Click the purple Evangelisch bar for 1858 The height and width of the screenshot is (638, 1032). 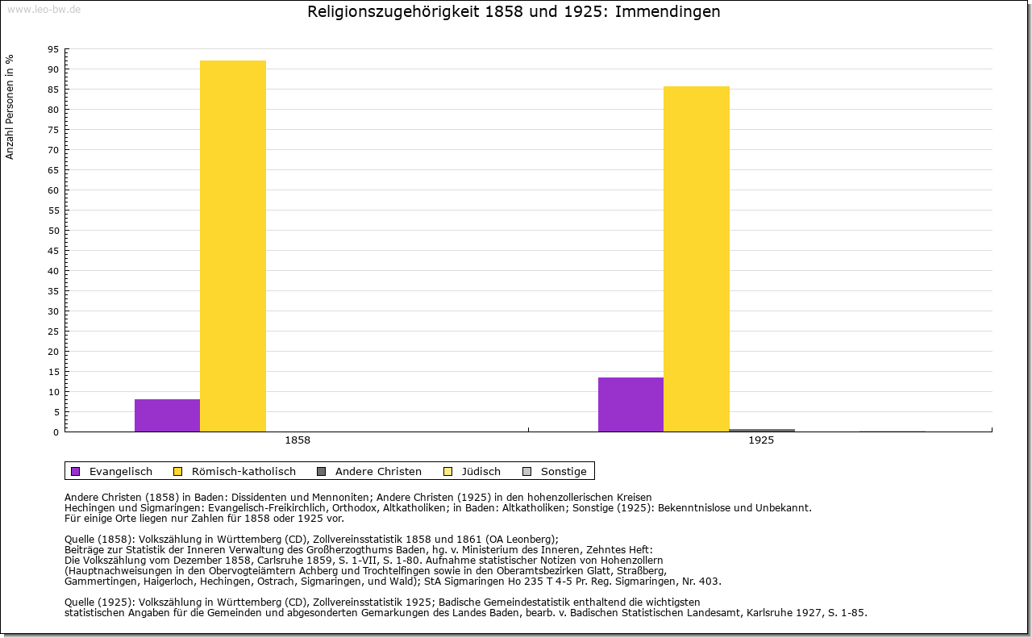click(167, 415)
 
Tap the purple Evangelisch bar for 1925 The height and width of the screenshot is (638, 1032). click(630, 404)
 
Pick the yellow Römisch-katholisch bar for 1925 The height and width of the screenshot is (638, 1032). click(697, 259)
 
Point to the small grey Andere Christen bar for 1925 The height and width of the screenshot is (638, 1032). click(762, 430)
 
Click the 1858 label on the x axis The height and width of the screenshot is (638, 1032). click(298, 441)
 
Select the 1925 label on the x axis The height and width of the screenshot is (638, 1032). click(761, 441)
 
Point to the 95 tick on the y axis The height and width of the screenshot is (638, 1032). click(52, 49)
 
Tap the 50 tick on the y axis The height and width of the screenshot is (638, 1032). click(52, 231)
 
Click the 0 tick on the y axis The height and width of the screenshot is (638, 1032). click(56, 432)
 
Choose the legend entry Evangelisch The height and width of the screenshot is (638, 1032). click(120, 471)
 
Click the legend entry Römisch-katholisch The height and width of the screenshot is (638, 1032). click(243, 471)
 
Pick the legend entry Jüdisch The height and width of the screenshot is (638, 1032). click(481, 471)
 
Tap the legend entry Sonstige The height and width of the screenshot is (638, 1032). click(563, 471)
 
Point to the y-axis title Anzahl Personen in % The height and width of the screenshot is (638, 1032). click(10, 107)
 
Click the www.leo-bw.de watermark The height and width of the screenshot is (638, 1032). click(44, 9)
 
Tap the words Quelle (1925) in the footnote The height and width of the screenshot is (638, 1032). click(100, 602)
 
